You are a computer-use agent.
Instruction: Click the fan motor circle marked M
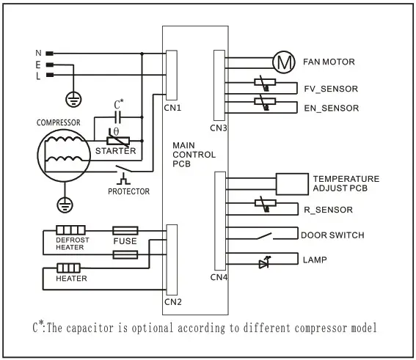coord(282,62)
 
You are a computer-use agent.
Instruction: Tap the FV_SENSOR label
coord(330,89)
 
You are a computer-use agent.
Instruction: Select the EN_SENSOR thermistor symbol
coord(264,101)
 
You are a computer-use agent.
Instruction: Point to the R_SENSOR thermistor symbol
coord(264,205)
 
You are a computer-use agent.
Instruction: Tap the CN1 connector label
coord(173,108)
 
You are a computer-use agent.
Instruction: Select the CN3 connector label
coord(218,128)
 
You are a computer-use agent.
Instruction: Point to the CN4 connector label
coord(219,277)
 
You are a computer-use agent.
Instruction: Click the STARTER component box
coord(116,144)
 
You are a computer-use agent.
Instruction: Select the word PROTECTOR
coord(128,191)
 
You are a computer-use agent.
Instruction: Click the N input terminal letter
coord(38,54)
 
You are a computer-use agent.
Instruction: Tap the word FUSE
coord(124,240)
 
